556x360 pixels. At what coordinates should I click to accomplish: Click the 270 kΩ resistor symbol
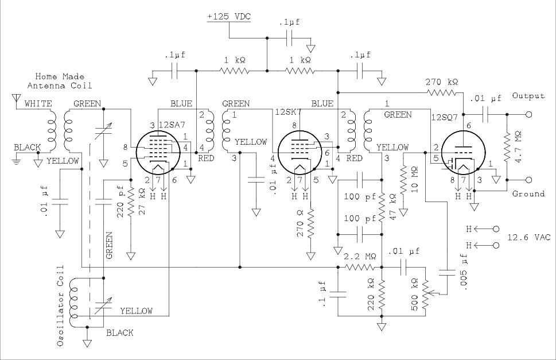pyautogui.click(x=442, y=91)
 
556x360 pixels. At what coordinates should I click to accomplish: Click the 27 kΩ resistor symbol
pyautogui.click(x=131, y=202)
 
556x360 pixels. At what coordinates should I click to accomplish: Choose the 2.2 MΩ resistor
pyautogui.click(x=360, y=267)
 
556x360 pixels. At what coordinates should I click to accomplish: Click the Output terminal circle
pyautogui.click(x=528, y=114)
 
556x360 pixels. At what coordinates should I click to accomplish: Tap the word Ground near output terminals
pyautogui.click(x=528, y=193)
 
